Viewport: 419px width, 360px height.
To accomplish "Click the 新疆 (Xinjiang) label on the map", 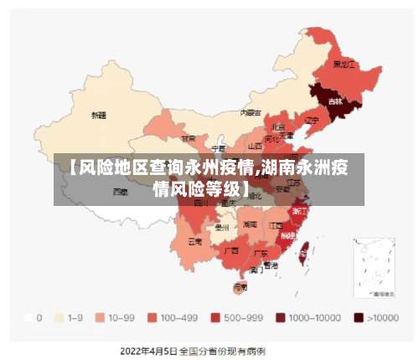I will [99, 114].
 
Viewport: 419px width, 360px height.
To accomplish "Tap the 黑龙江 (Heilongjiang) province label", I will [344, 64].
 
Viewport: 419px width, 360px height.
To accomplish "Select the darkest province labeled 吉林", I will [335, 100].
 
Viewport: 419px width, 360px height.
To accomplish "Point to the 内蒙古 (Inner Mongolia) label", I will [251, 111].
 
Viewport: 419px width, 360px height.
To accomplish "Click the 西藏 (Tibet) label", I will [121, 191].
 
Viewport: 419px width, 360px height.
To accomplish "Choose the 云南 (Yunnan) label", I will [194, 241].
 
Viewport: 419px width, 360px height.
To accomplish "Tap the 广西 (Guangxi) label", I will [230, 249].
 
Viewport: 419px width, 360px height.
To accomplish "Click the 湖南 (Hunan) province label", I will [250, 224].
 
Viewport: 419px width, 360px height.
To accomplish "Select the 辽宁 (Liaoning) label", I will [312, 120].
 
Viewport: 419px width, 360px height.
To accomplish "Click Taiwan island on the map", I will [304, 247].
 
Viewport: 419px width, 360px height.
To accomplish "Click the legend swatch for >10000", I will [359, 318].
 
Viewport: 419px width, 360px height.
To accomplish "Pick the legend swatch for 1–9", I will [59, 318].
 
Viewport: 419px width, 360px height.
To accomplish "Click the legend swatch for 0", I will [28, 318].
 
